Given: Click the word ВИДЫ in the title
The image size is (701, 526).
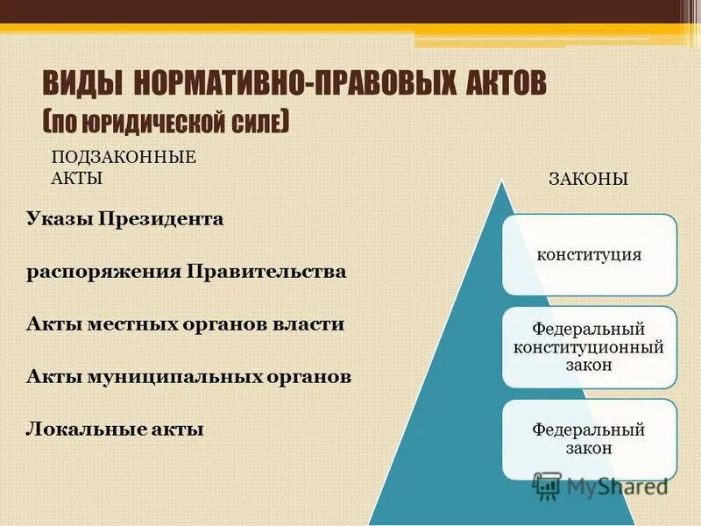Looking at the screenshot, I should pyautogui.click(x=83, y=86).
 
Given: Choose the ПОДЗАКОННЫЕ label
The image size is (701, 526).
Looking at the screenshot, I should pyautogui.click(x=124, y=158).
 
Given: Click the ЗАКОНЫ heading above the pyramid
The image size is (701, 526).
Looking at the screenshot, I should pyautogui.click(x=588, y=179).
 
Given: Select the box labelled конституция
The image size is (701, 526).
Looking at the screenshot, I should pyautogui.click(x=589, y=254).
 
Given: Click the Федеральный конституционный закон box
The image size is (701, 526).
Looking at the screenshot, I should pyautogui.click(x=589, y=347).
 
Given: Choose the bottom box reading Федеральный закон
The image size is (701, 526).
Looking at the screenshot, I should pyautogui.click(x=589, y=438).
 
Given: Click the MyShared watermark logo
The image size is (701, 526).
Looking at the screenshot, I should pyautogui.click(x=600, y=486).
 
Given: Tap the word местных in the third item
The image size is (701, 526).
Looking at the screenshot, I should pyautogui.click(x=127, y=323).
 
